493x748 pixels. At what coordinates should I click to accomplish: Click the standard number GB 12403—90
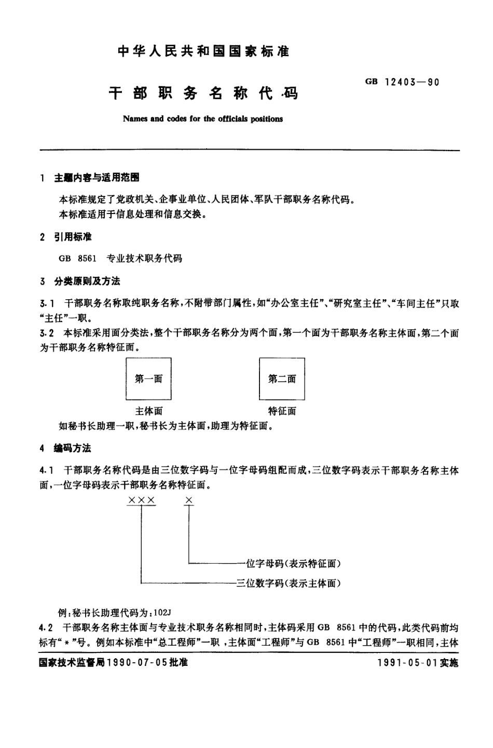click(x=402, y=82)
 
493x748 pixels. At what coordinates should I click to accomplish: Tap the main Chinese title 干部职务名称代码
click(x=203, y=94)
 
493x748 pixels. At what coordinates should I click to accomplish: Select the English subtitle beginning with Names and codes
click(x=203, y=119)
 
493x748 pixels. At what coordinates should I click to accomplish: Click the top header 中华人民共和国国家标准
click(x=203, y=51)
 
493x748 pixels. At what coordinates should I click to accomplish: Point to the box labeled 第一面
click(x=148, y=379)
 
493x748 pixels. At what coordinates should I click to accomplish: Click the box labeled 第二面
click(x=282, y=379)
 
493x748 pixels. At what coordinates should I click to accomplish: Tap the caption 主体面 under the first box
click(x=148, y=411)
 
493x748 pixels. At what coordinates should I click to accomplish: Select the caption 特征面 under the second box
click(x=282, y=411)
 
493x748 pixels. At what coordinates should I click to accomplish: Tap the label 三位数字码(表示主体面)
click(x=289, y=583)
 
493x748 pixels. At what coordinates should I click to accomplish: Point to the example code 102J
click(x=162, y=612)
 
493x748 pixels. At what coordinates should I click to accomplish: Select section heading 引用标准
click(x=73, y=237)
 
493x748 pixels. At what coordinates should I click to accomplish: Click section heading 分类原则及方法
click(x=87, y=282)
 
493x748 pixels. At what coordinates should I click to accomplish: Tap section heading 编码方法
click(x=73, y=448)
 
